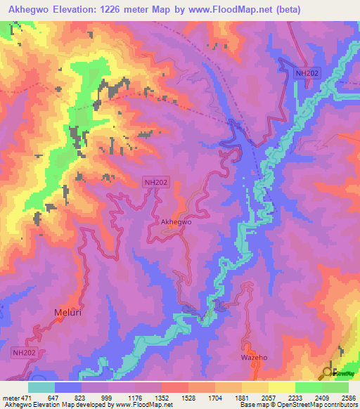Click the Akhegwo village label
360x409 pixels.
(176, 222)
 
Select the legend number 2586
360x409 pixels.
(347, 398)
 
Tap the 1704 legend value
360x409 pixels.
(214, 398)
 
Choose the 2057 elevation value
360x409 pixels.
(268, 398)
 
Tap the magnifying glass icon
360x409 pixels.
(329, 372)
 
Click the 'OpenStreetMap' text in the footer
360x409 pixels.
(303, 405)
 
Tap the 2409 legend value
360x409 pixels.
(321, 398)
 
